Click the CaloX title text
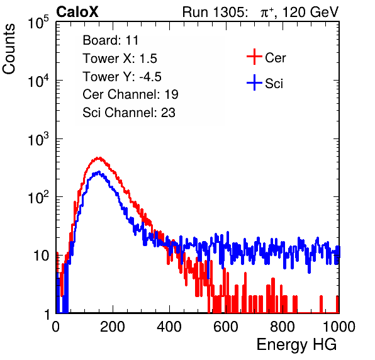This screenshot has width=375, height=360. pyautogui.click(x=77, y=12)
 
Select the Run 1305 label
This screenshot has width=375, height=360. pyautogui.click(x=215, y=12)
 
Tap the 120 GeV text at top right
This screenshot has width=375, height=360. pyautogui.click(x=310, y=12)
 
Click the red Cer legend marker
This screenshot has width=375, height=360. pyautogui.click(x=254, y=57)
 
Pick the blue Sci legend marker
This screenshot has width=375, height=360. pyautogui.click(x=254, y=82)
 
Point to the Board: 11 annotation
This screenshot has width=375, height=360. pyautogui.click(x=111, y=40)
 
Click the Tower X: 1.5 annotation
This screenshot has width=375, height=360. pyautogui.click(x=120, y=59)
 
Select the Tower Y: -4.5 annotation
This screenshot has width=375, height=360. pyautogui.click(x=122, y=77)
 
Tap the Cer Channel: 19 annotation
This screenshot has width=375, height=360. pyautogui.click(x=130, y=94)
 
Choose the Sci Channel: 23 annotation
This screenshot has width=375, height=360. pyautogui.click(x=129, y=113)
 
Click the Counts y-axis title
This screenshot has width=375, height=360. pyautogui.click(x=9, y=49)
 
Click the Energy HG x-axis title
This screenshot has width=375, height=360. pyautogui.click(x=296, y=345)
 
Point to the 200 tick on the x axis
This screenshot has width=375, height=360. pyautogui.click(x=113, y=327)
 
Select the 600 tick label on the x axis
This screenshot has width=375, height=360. pyautogui.click(x=226, y=327)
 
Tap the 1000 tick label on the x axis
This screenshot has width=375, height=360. pyautogui.click(x=339, y=327)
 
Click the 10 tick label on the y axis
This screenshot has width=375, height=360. pyautogui.click(x=42, y=256)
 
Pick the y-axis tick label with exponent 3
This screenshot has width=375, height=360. pyautogui.click(x=38, y=138)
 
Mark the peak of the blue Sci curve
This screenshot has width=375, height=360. pyautogui.click(x=99, y=172)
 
